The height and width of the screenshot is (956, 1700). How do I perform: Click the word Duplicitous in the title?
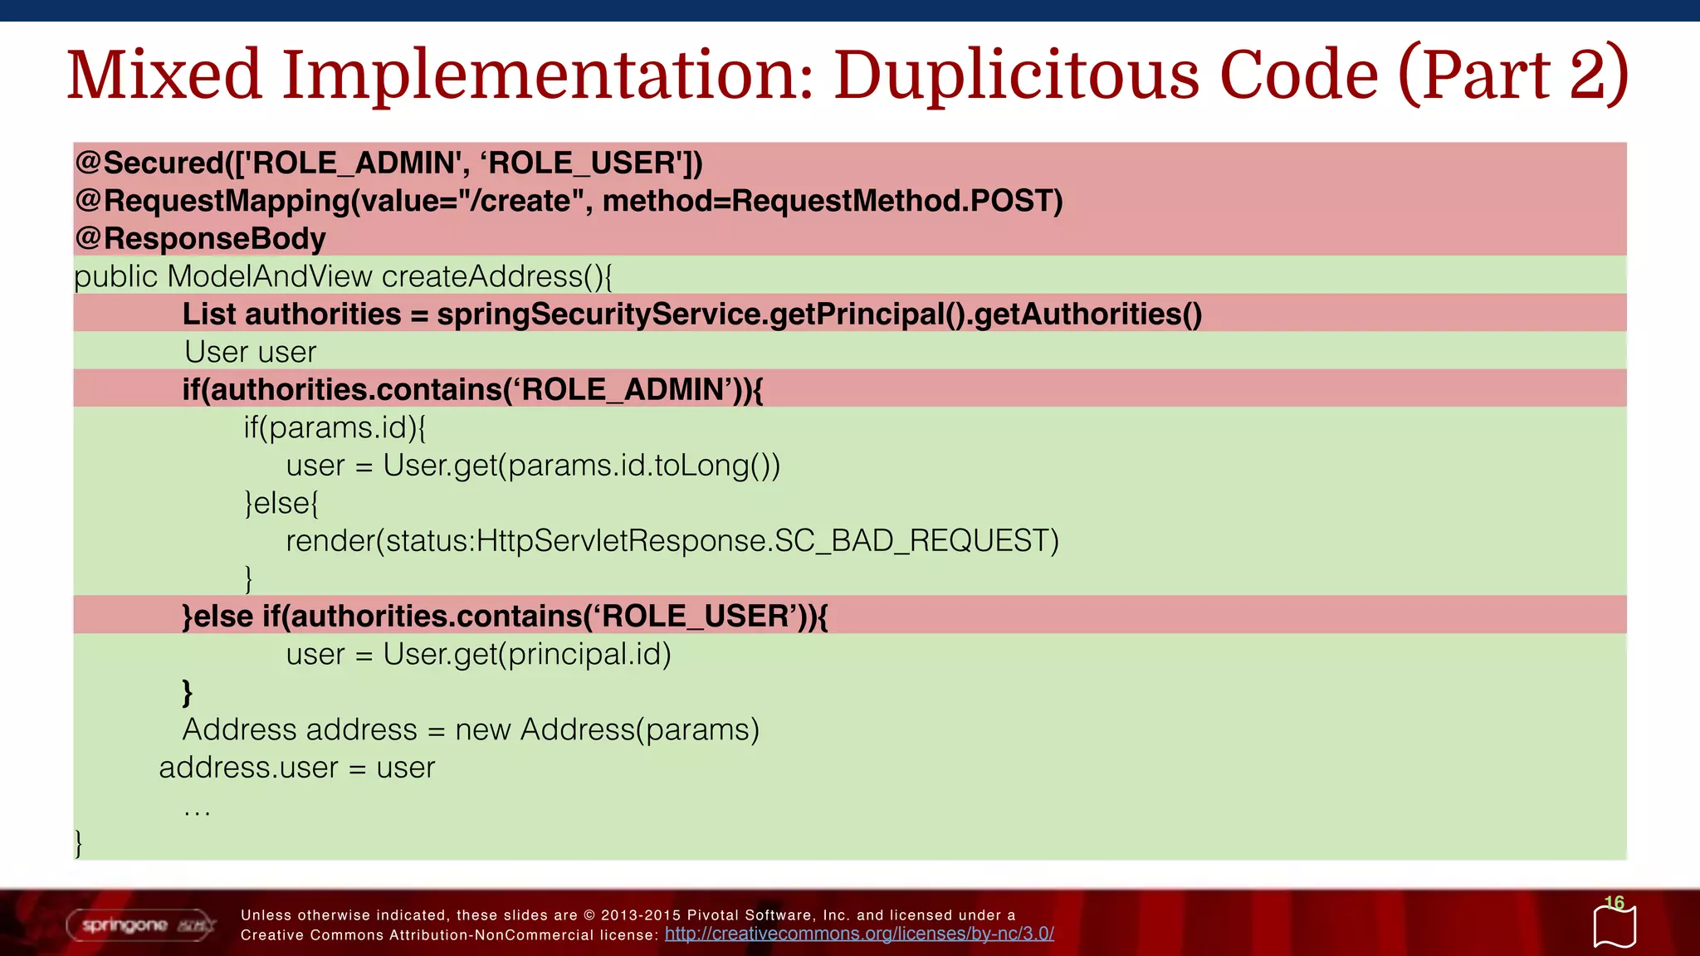pos(1016,75)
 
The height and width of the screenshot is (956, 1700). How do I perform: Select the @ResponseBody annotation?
pos(200,238)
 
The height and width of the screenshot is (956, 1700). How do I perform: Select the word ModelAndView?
pos(270,276)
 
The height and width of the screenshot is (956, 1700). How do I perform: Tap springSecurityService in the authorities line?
pos(601,314)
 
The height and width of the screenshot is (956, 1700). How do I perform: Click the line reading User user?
pos(250,352)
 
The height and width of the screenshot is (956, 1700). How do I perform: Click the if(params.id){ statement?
pos(335,427)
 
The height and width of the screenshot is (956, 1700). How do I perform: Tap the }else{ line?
pos(281,503)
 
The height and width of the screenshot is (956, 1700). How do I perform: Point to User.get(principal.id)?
pos(526,654)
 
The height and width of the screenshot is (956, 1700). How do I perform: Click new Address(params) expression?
pos(607,729)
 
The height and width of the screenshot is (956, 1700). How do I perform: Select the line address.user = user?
pos(296,768)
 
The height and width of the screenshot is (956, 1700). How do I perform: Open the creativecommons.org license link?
pos(859,934)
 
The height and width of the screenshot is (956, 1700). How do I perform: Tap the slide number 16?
pos(1614,903)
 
